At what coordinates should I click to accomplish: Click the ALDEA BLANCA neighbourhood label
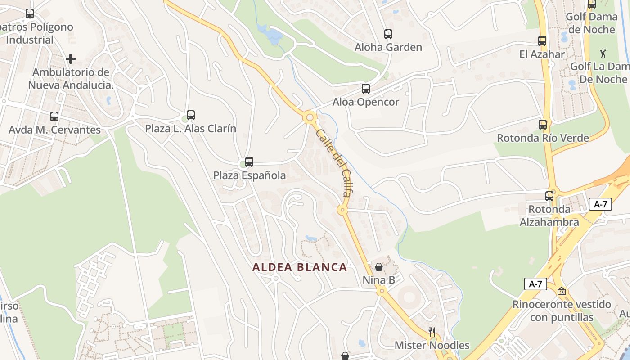click(300, 267)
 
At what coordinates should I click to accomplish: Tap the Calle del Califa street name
click(333, 163)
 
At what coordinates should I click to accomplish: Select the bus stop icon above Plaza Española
click(249, 162)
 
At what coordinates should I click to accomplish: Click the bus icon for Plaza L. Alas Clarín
click(191, 115)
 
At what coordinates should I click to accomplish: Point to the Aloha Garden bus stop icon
click(388, 34)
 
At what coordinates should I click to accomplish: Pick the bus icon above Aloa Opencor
click(366, 89)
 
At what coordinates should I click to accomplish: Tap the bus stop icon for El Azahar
click(542, 41)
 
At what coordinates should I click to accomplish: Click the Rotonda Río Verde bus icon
click(543, 125)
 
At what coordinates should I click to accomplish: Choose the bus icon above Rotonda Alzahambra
click(549, 196)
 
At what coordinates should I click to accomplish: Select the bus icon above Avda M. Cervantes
click(54, 117)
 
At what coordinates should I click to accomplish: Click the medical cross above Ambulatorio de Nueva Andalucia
click(71, 59)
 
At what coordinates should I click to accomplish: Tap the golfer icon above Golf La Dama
click(603, 54)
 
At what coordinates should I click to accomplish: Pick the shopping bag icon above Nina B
click(379, 267)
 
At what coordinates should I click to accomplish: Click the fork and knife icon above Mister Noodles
click(432, 333)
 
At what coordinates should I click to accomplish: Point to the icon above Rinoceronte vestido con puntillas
click(561, 291)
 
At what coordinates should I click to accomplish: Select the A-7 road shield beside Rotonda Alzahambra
click(600, 204)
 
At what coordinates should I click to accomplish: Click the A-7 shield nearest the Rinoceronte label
click(535, 284)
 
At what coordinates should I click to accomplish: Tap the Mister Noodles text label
click(432, 346)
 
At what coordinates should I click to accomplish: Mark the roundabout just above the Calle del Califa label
click(310, 118)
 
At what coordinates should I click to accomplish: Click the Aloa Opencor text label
click(366, 102)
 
